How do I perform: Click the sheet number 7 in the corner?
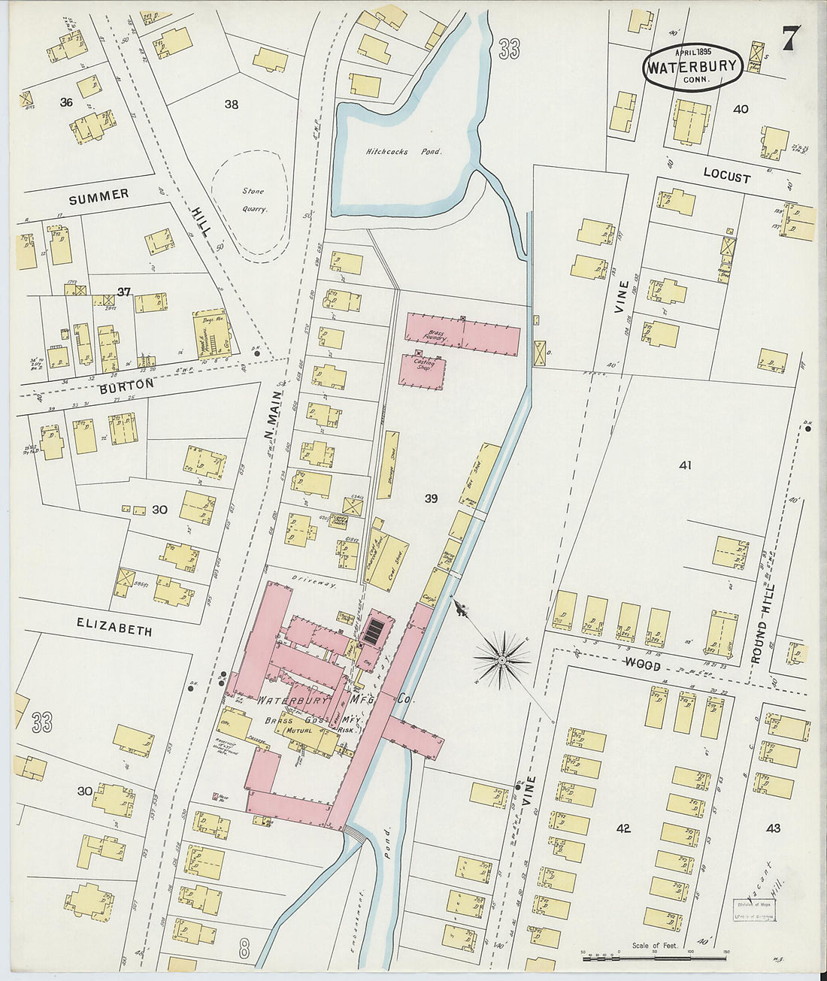click(x=790, y=38)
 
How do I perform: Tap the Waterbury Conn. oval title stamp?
click(x=692, y=67)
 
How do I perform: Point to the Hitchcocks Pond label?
click(x=403, y=151)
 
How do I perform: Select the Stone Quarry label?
click(x=253, y=200)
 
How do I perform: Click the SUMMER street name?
click(x=98, y=197)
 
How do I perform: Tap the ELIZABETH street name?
click(x=114, y=626)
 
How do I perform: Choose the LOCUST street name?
click(x=726, y=176)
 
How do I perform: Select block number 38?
click(x=231, y=104)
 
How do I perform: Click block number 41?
click(x=684, y=465)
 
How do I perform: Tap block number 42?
click(x=623, y=828)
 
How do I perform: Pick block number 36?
click(x=66, y=102)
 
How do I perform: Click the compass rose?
click(x=501, y=660)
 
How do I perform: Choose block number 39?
click(x=431, y=498)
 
